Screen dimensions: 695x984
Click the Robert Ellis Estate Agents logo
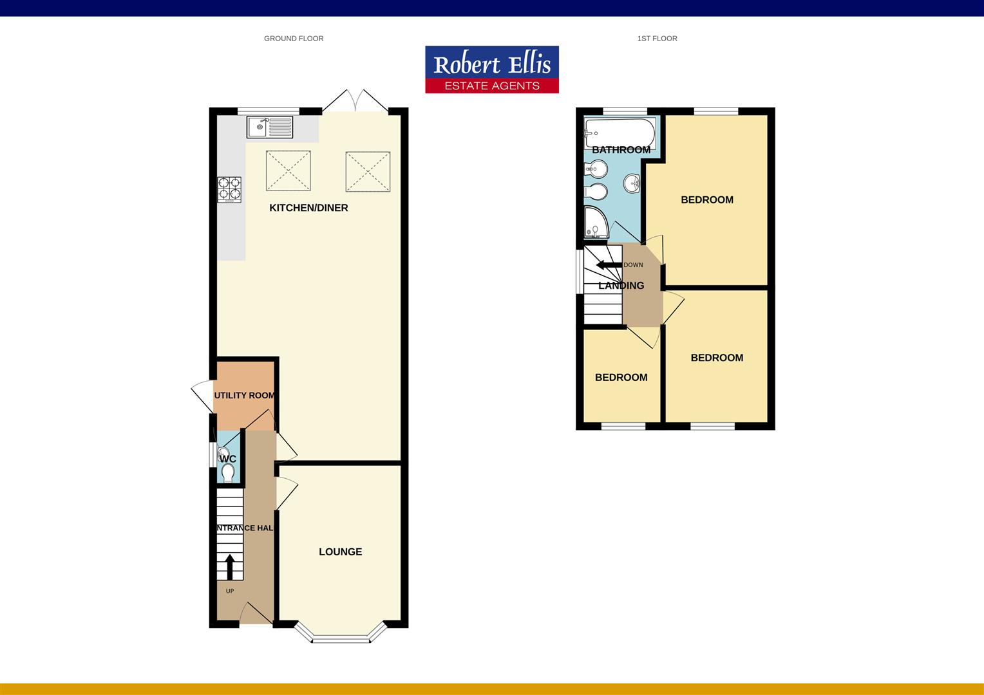coord(492,69)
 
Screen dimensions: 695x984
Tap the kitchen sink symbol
coord(269,127)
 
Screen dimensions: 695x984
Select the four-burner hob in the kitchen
coord(230,189)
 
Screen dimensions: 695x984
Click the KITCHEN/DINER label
coord(308,208)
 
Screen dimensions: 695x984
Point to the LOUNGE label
coord(340,551)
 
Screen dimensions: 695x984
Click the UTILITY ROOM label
coord(244,395)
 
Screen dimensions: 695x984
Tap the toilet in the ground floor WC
coord(227,473)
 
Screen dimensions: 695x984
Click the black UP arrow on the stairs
coord(229,566)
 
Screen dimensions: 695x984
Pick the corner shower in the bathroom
coord(595,222)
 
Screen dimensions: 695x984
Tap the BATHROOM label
coord(621,150)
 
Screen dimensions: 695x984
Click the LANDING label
coord(621,286)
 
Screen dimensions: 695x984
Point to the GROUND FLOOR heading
coord(294,39)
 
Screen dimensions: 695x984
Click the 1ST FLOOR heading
coord(657,39)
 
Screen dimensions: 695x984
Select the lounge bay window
coord(341,638)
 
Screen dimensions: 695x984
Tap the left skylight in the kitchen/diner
coord(288,171)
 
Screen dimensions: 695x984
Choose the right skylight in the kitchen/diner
coord(368,171)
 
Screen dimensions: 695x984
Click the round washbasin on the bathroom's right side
coord(632,183)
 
